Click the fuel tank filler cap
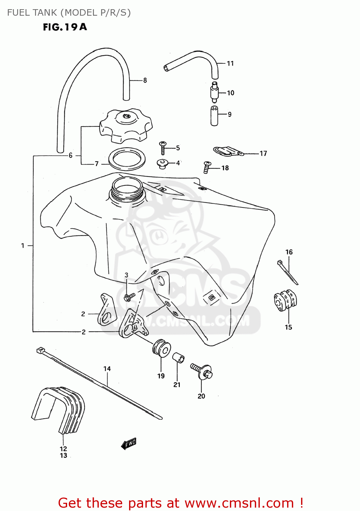click(x=126, y=126)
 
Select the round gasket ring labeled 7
click(x=127, y=158)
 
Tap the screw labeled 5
click(x=162, y=148)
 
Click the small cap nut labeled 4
click(x=162, y=164)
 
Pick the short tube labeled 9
click(x=214, y=116)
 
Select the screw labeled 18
click(x=207, y=167)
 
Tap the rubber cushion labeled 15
click(x=285, y=300)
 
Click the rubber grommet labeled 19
click(x=161, y=348)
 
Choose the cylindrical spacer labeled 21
click(x=178, y=358)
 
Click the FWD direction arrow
click(x=129, y=444)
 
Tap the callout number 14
click(x=107, y=369)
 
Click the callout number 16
click(x=289, y=252)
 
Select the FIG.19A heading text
click(x=65, y=27)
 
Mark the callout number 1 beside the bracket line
click(x=23, y=245)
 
